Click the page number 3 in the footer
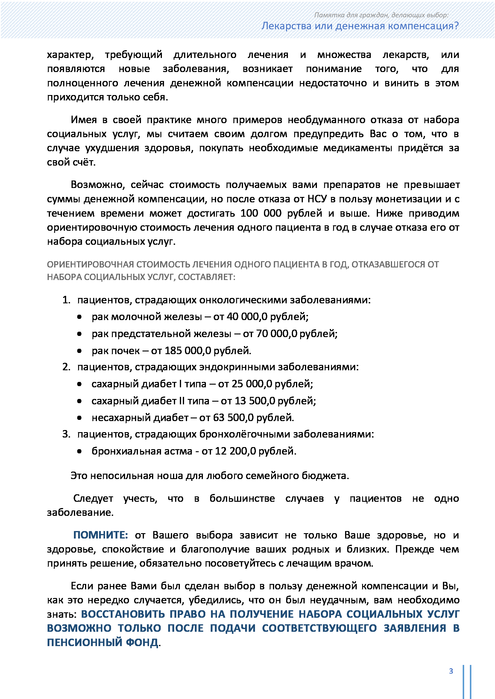pos(451,671)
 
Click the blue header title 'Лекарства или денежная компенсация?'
pos(360,26)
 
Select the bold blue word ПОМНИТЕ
pos(101,535)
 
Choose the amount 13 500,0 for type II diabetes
pos(255,401)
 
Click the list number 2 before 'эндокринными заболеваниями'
pos(66,367)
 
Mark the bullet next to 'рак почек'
pos(80,351)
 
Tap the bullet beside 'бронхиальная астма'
pos(80,451)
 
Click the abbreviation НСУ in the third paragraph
pos(317,199)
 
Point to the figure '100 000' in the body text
pos(261,213)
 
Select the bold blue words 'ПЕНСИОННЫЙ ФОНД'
pos(102,643)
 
